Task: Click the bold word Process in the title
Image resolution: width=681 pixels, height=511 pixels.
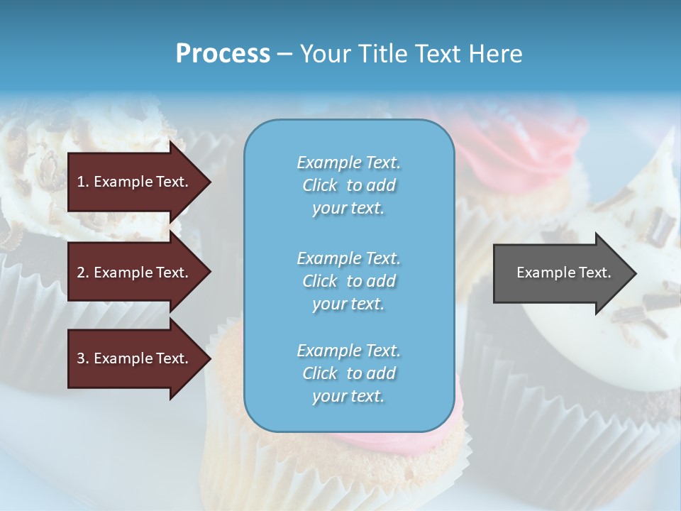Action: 223,54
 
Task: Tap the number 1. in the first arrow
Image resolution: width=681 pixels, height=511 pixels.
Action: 83,182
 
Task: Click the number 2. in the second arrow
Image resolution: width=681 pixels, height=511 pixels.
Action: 83,273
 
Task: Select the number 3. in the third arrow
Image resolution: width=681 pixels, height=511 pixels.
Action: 83,358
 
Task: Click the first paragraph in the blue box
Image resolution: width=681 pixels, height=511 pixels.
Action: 348,185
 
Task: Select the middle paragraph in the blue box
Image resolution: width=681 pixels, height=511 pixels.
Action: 348,281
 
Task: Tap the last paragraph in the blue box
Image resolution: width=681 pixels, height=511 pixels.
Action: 348,373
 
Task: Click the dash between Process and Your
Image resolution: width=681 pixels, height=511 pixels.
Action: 285,54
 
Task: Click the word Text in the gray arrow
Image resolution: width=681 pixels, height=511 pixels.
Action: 594,273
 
